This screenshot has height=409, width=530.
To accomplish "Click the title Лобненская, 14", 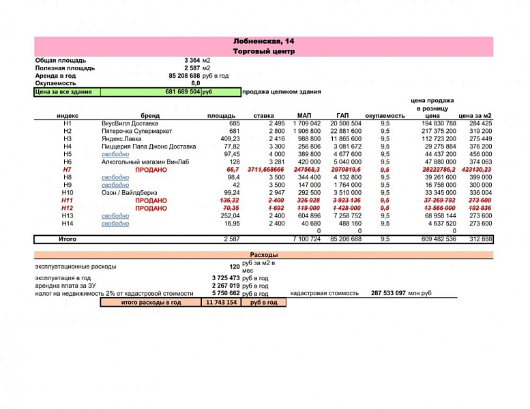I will tap(264, 42).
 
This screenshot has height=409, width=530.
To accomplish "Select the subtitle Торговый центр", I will tap(264, 51).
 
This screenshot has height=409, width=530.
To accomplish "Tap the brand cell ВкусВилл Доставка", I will tap(130, 123).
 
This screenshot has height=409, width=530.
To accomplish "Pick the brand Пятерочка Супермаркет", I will tap(136, 131).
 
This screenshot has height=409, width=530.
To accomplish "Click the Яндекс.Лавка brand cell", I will tap(123, 138).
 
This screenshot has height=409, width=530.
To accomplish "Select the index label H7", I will tap(67, 170).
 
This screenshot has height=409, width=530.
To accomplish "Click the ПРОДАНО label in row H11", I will tap(150, 200).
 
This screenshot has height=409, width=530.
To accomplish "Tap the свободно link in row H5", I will tap(115, 154).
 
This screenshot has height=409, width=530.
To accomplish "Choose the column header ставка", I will tap(264, 116).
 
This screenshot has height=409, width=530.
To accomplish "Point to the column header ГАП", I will tap(344, 116).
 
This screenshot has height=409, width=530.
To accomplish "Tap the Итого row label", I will tap(67, 239).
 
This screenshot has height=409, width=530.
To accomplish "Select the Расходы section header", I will tap(264, 255).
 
